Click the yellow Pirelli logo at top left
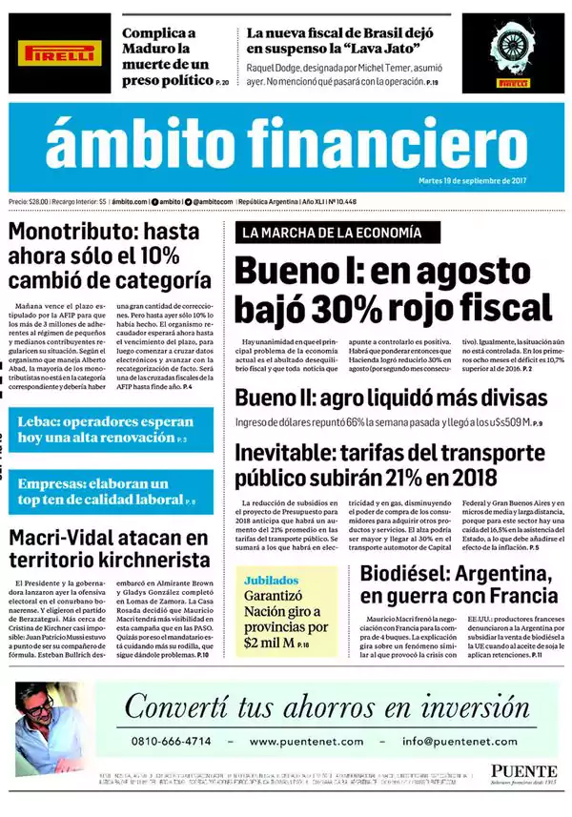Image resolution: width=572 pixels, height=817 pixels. tap(62, 55)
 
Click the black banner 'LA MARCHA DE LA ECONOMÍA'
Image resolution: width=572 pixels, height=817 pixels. tap(327, 233)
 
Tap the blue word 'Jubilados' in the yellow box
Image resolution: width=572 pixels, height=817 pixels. tap(270, 580)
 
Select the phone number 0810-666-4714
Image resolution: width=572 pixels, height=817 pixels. tap(172, 741)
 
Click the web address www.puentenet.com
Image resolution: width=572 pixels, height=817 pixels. tap(306, 741)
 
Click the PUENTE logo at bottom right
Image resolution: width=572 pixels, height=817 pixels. tap(524, 770)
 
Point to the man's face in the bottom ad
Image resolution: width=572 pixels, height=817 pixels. tap(39, 708)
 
